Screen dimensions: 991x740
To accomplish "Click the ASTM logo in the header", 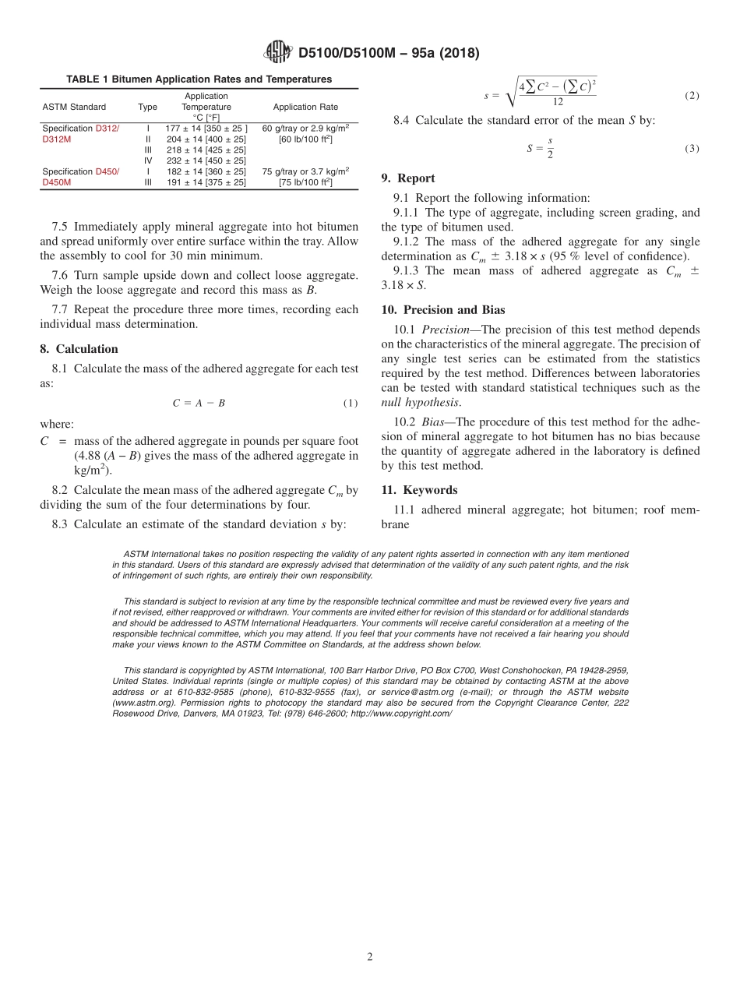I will [x=277, y=52].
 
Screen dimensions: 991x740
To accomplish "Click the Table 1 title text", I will [x=199, y=79].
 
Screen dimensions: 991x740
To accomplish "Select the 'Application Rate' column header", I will [x=305, y=107].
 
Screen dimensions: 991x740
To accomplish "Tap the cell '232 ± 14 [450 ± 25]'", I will [x=206, y=160].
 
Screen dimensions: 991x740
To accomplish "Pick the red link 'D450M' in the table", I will [x=56, y=182].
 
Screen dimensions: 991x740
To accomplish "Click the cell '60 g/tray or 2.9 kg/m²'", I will [x=305, y=128].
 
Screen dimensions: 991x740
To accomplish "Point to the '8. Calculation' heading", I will [x=79, y=349].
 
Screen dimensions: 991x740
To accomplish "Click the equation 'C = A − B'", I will [x=199, y=403].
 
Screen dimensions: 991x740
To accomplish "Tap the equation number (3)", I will [x=692, y=148].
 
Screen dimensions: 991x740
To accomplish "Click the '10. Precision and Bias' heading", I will [x=442, y=310].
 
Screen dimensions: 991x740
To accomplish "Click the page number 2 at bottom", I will [x=370, y=957].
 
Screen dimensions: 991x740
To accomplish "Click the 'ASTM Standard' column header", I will [x=74, y=107].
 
